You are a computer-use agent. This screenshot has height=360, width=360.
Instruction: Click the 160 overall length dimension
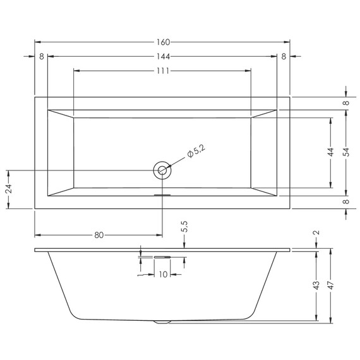(162, 42)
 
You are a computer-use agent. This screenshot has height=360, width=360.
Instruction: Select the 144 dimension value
(162, 56)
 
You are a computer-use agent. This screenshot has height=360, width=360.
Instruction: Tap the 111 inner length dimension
(162, 70)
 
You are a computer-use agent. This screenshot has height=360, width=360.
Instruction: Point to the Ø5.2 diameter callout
(196, 151)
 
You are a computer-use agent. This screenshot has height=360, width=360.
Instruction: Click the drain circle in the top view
(162, 169)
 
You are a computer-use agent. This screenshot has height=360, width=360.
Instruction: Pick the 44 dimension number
(331, 152)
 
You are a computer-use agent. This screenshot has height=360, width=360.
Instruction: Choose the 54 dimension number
(346, 152)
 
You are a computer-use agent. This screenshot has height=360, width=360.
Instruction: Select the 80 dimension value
(99, 236)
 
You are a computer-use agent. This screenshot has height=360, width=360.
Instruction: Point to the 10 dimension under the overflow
(163, 274)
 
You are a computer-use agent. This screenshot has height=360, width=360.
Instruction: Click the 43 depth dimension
(316, 285)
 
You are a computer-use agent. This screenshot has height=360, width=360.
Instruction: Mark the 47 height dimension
(331, 285)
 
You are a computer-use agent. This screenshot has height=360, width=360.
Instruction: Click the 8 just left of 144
(41, 56)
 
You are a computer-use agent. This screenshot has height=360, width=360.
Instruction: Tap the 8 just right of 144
(284, 56)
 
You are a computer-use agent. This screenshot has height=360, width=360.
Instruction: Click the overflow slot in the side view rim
(162, 257)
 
